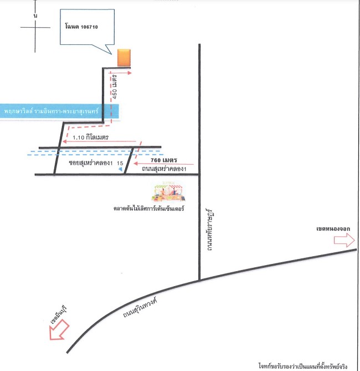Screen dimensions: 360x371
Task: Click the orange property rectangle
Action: pos(124,58)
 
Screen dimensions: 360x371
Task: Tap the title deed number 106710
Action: pos(89,27)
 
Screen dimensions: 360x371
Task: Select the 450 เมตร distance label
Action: pos(115,87)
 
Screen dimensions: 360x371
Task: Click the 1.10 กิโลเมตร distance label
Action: pos(90,137)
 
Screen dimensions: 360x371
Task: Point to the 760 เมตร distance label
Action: pos(164,160)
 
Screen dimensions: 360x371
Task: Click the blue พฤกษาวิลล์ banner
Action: pos(59,111)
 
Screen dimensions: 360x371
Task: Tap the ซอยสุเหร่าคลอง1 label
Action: pos(91,163)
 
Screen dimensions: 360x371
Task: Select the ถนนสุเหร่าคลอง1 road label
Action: pos(164,169)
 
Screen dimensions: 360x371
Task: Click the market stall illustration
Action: pos(168,191)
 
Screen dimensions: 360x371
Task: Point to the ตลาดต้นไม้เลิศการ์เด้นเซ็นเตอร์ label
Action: pos(148,209)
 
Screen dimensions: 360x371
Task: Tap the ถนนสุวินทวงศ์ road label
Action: pos(140,308)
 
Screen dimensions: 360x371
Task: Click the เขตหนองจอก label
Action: pos(333,229)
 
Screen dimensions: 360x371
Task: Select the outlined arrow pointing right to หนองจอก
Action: pos(344,240)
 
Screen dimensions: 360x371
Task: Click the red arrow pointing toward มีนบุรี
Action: pos(59,329)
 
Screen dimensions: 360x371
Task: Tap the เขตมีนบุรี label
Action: pos(59,315)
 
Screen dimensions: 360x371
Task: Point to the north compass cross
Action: pos(35,27)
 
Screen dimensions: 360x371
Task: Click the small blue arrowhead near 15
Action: pos(121,169)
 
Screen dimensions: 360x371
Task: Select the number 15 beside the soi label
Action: pos(120,163)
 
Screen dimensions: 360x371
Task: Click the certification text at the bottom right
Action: pos(303,366)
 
